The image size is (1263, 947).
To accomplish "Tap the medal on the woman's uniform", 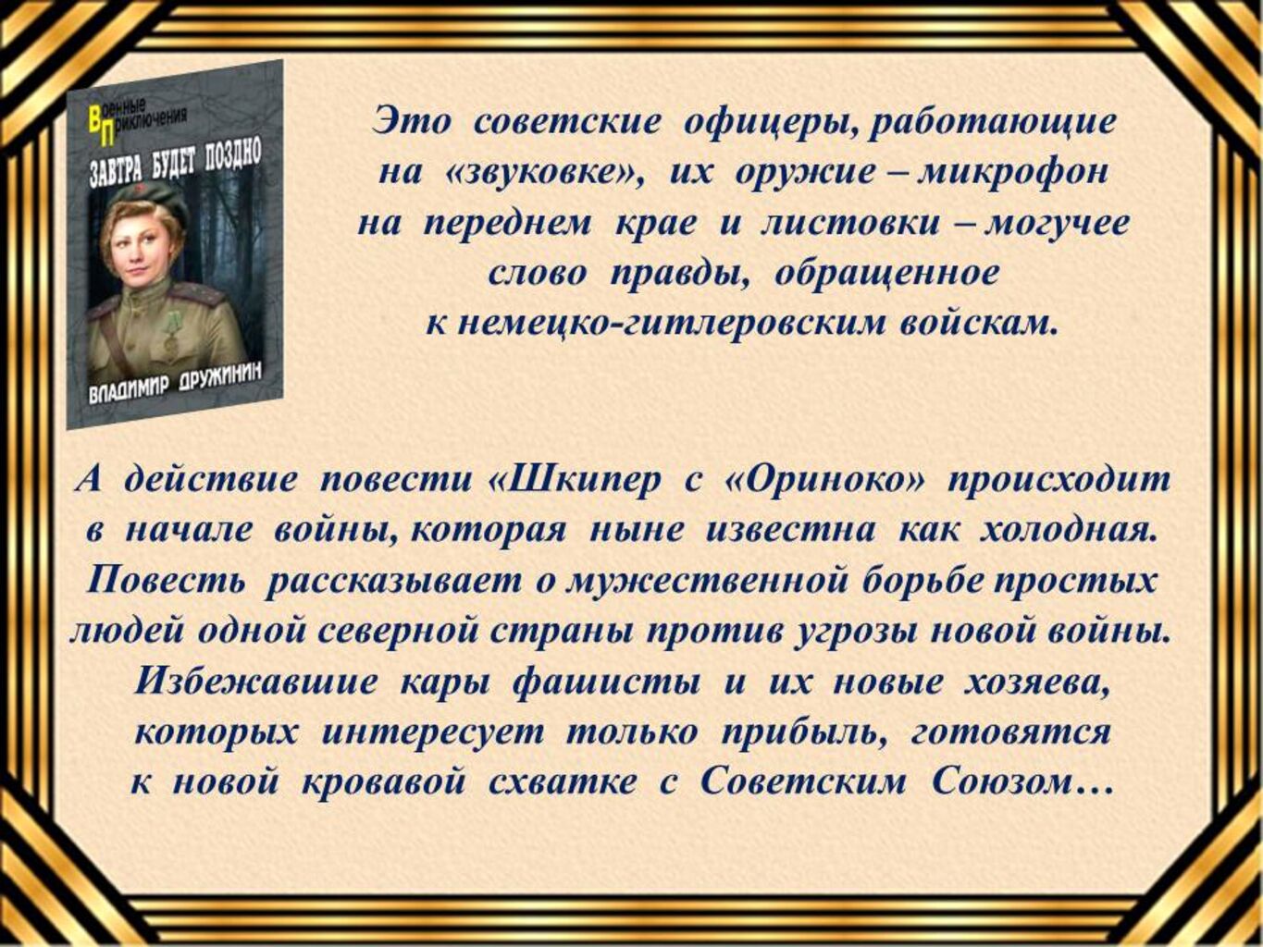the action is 171,334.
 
